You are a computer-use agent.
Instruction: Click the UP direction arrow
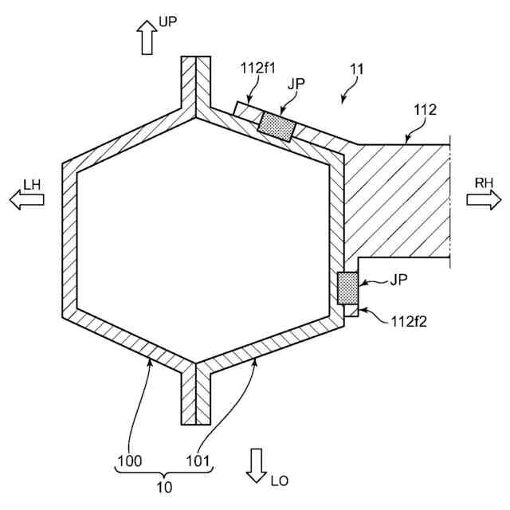pos(147,37)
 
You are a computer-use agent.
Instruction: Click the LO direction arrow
pos(257,465)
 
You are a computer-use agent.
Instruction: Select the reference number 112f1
pos(258,69)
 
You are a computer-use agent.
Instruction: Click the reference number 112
pos(424,110)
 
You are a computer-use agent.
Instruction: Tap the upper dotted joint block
pos(277,125)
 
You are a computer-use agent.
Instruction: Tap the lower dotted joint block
pos(347,288)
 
